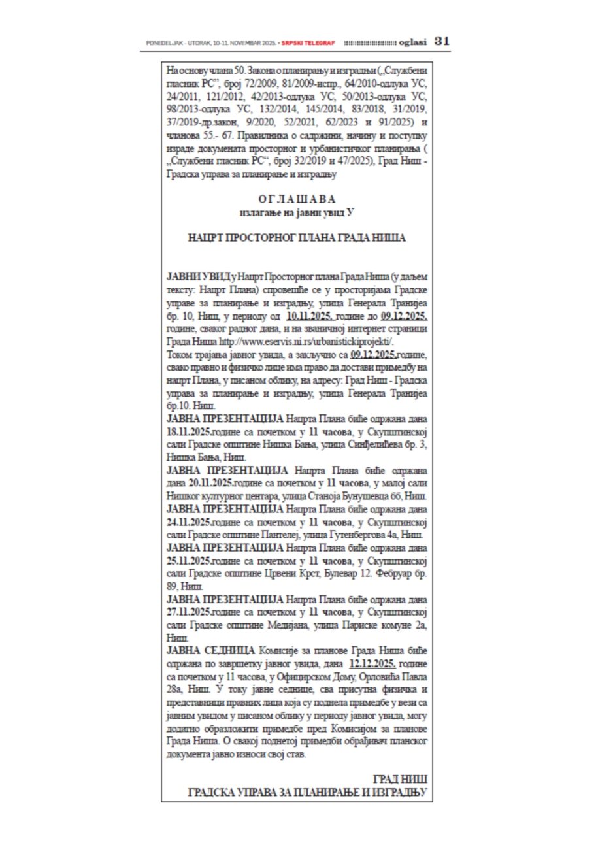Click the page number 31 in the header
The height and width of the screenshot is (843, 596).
(442, 41)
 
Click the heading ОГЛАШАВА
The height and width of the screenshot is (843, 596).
(296, 199)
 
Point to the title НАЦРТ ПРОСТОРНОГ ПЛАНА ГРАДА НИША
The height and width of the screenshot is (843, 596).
(296, 238)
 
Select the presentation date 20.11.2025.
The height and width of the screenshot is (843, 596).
(212, 482)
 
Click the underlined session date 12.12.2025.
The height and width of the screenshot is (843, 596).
(378, 663)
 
